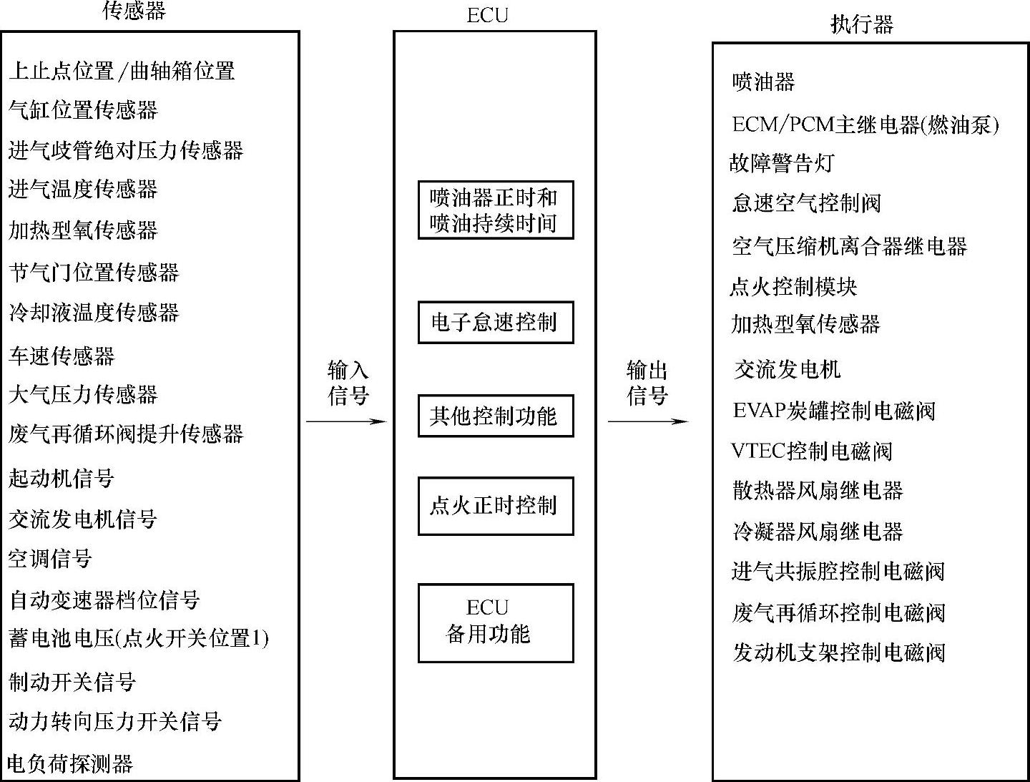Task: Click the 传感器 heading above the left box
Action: point(134,10)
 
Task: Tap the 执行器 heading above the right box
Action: point(861,25)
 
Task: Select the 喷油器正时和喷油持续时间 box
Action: point(495,210)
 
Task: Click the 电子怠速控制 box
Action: point(495,323)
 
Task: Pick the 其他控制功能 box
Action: point(495,416)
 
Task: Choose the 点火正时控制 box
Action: point(495,506)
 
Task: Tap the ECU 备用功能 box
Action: point(495,622)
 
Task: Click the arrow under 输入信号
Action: point(346,421)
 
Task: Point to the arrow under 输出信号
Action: point(647,421)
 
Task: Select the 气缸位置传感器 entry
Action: point(83,110)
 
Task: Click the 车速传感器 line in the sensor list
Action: point(62,356)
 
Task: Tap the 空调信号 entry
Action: point(50,559)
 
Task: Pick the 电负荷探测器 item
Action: point(70,763)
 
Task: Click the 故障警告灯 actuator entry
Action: point(782,163)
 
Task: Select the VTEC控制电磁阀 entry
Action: point(812,451)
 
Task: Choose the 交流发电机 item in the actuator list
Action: point(787,369)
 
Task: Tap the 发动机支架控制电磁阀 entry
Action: point(839,653)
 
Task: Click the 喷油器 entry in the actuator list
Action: point(763,82)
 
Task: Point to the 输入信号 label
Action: point(348,383)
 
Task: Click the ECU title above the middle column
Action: point(487,15)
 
